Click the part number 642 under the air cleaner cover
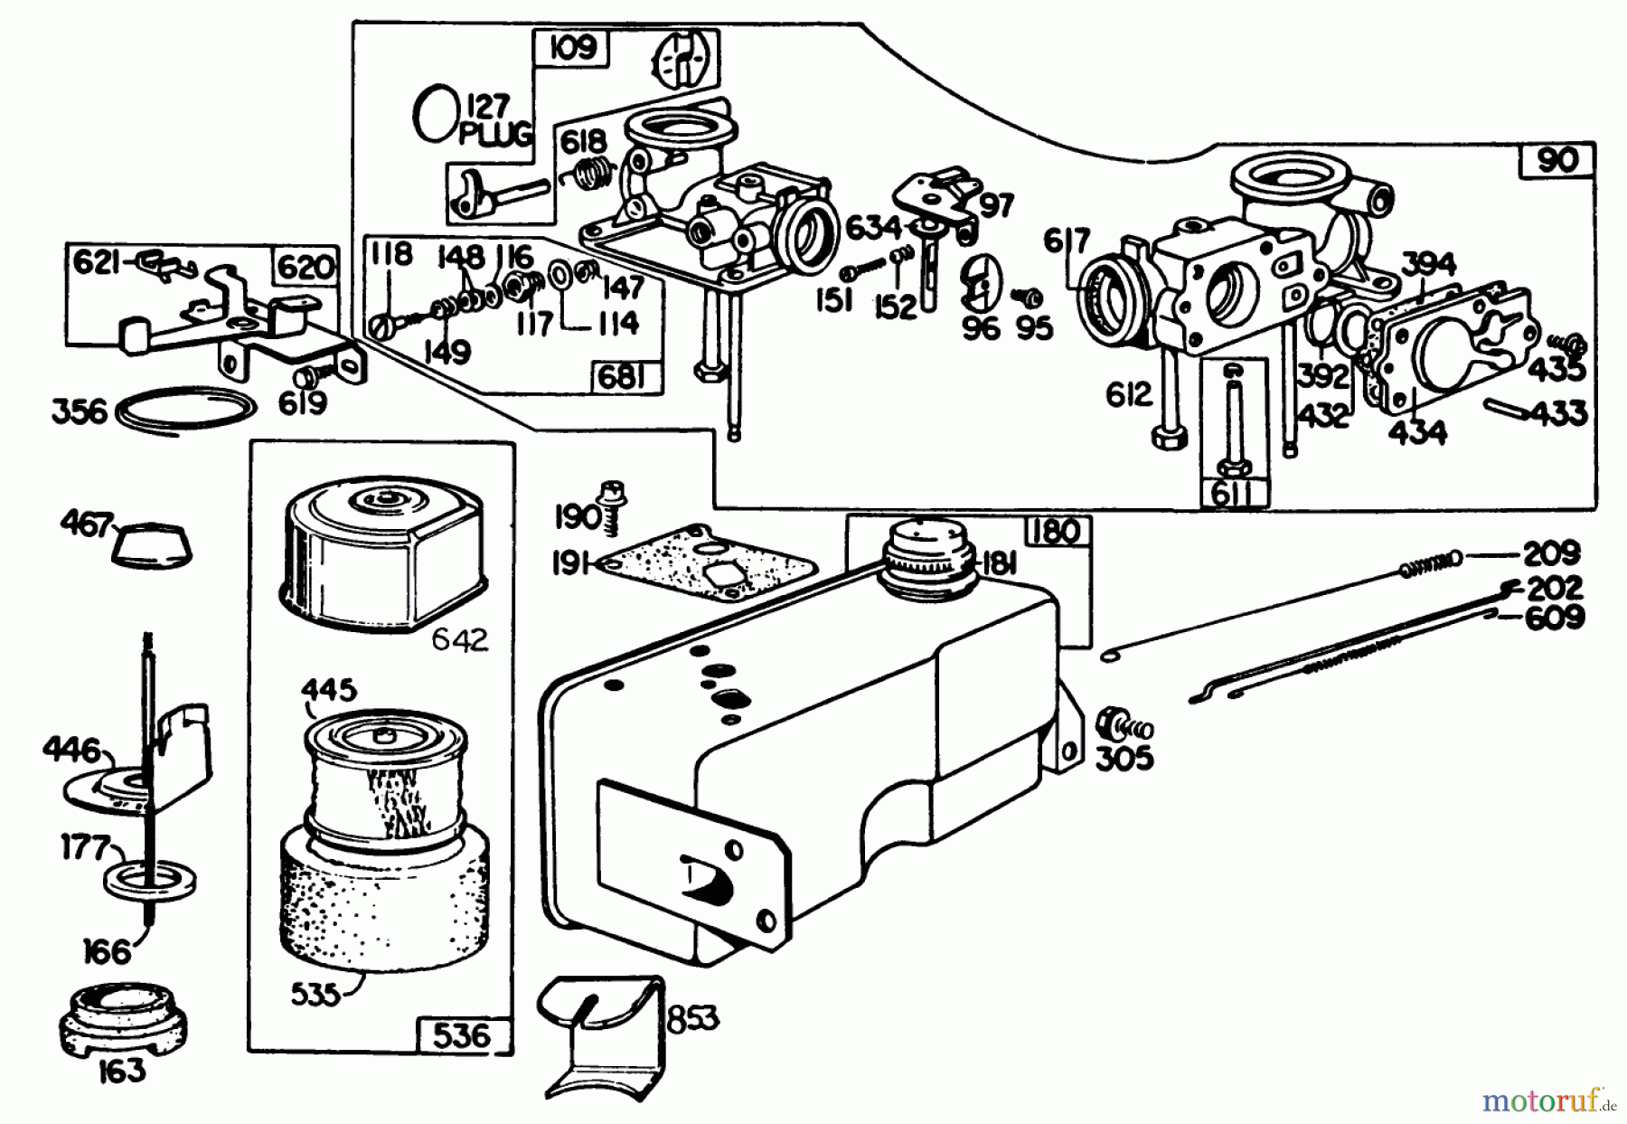point(458,639)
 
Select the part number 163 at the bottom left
point(122,1071)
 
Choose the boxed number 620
point(304,269)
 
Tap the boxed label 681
point(623,378)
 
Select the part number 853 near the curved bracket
point(693,1019)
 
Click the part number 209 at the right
point(1552,553)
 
